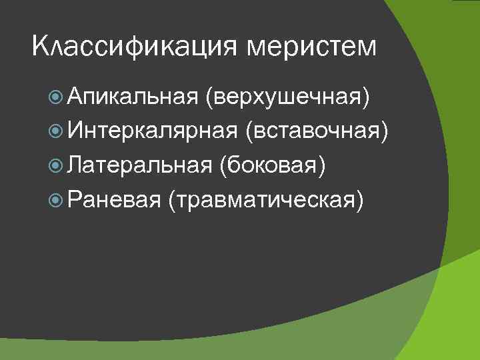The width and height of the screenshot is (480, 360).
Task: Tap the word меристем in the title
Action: [x=312, y=47]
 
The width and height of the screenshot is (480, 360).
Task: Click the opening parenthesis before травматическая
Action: [x=173, y=199]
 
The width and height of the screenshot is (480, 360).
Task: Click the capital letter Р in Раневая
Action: [x=73, y=197]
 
